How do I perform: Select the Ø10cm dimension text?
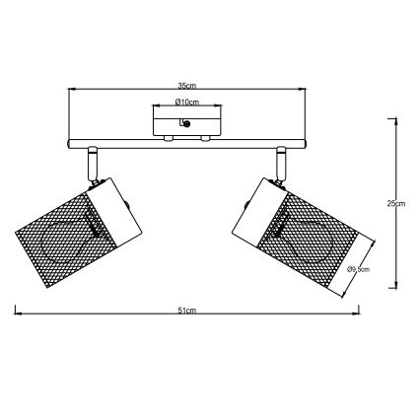(186, 103)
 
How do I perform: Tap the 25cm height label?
(395, 203)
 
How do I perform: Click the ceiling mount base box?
(186, 124)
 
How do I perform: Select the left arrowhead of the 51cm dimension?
(17, 315)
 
